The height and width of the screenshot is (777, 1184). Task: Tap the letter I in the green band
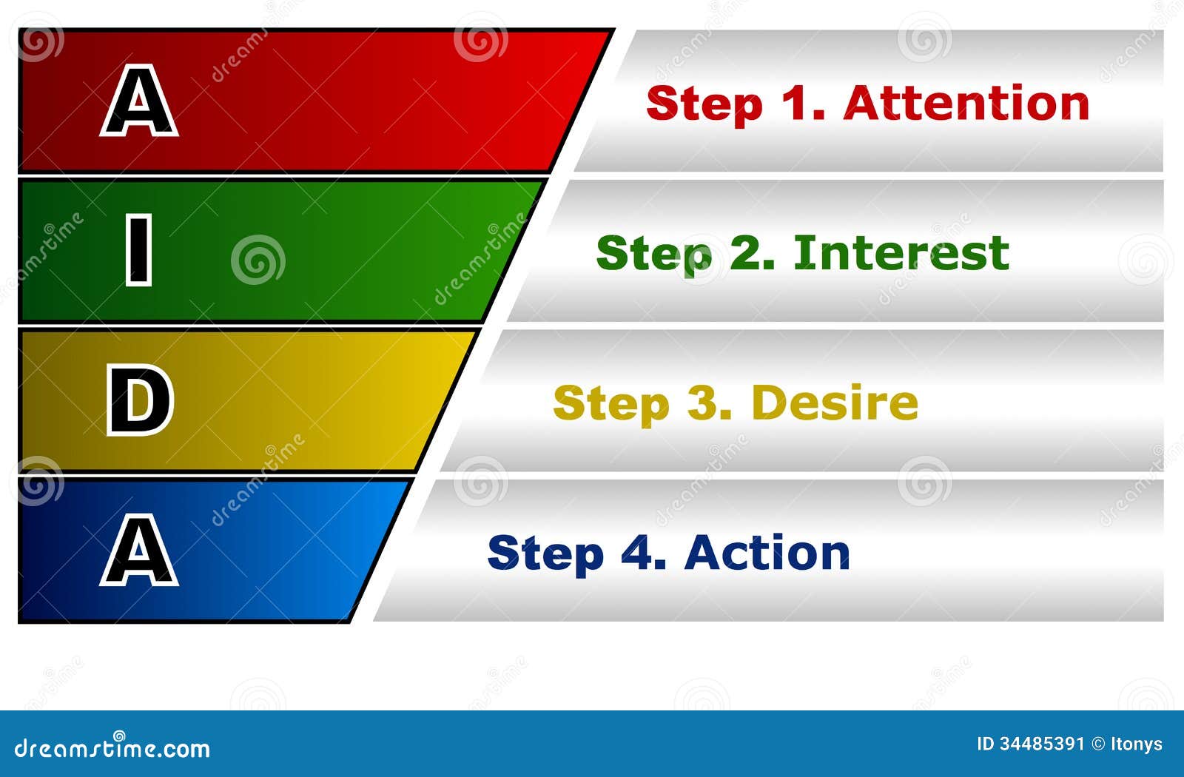[138, 250]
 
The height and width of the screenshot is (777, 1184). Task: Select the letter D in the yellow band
[140, 400]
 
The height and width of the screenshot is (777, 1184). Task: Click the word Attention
[966, 103]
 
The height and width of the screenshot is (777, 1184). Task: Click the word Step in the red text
[704, 104]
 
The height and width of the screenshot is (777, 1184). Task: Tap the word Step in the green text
[654, 255]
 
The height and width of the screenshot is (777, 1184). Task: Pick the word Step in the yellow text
[611, 405]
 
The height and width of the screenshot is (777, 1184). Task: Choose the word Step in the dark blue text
[545, 554]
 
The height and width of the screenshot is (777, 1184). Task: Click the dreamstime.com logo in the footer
[112, 747]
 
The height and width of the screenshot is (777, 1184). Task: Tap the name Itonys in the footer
[1137, 744]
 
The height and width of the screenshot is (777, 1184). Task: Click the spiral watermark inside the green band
[258, 260]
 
